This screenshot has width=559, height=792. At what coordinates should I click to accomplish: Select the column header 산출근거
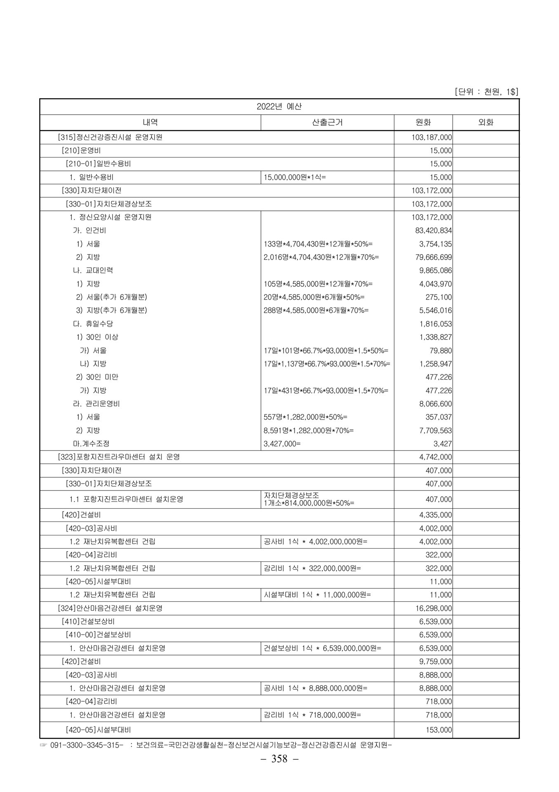tap(327, 123)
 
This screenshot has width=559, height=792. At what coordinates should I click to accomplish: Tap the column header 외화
tap(485, 123)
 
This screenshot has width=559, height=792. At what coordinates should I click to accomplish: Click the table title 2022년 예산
tap(279, 106)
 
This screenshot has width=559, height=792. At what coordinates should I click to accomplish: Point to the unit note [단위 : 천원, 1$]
tap(486, 92)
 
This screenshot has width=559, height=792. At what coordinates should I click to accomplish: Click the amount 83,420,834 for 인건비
tap(433, 231)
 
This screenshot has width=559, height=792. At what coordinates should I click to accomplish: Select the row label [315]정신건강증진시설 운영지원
tap(110, 137)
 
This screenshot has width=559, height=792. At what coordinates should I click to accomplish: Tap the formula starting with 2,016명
tap(321, 257)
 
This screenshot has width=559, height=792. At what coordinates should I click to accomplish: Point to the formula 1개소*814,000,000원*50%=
tap(309, 503)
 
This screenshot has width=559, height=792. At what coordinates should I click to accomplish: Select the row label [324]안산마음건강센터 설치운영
tap(110, 608)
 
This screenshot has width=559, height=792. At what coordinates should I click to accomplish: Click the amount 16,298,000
tap(433, 608)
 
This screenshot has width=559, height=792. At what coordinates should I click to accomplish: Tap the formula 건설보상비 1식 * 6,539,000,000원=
tap(322, 648)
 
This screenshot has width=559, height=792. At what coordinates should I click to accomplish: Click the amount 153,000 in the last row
tap(439, 730)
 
